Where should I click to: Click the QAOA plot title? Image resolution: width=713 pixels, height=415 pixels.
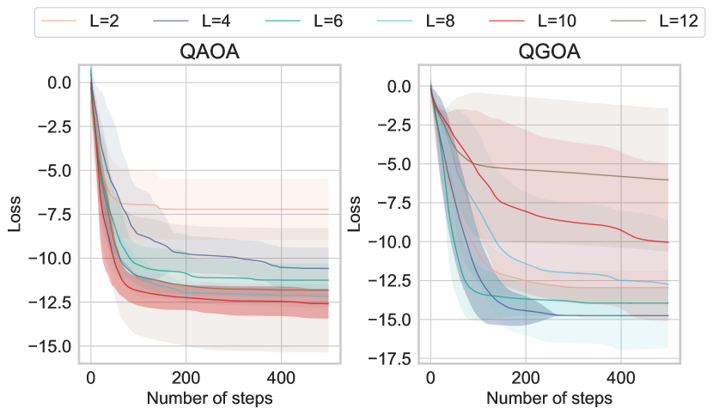pyautogui.click(x=210, y=52)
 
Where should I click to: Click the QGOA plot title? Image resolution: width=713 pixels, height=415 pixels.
pyautogui.click(x=550, y=52)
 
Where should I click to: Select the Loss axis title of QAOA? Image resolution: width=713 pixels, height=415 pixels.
pyautogui.click(x=15, y=214)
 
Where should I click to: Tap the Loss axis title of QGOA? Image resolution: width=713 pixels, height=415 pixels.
pyautogui.click(x=355, y=214)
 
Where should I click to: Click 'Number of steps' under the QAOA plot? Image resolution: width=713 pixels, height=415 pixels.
pyautogui.click(x=210, y=398)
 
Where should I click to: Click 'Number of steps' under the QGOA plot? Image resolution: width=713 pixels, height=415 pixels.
pyautogui.click(x=550, y=398)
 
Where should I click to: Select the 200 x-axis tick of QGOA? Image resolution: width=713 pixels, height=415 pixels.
pyautogui.click(x=525, y=377)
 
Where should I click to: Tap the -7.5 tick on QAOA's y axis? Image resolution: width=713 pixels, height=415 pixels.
pyautogui.click(x=57, y=214)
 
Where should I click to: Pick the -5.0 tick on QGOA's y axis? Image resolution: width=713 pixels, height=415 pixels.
pyautogui.click(x=397, y=164)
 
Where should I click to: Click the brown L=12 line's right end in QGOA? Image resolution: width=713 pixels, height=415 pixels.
pyautogui.click(x=667, y=180)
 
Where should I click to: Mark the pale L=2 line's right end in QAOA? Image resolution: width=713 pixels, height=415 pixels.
pyautogui.click(x=328, y=210)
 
